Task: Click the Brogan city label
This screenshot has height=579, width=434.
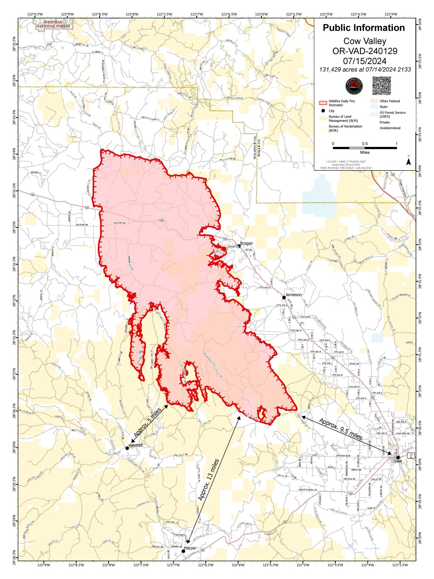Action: click(246, 243)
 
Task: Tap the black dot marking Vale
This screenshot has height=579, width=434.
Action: click(398, 457)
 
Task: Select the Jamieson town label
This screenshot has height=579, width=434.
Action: click(293, 295)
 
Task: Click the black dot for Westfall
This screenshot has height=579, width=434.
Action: click(127, 448)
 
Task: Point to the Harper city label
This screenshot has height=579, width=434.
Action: click(190, 548)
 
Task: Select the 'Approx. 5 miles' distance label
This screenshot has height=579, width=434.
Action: click(147, 423)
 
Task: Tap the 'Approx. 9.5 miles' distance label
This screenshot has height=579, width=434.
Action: click(340, 429)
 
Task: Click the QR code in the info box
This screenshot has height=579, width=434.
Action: click(381, 86)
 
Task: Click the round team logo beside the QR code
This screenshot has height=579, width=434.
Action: click(354, 86)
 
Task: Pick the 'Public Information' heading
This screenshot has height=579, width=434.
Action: click(364, 28)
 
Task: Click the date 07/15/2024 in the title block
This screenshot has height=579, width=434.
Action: click(364, 61)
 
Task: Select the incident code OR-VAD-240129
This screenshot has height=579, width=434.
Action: click(364, 51)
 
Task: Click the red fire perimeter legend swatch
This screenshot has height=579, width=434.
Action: click(323, 103)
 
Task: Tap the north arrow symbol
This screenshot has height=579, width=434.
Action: click(409, 162)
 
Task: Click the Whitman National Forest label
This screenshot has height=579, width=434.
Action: click(53, 24)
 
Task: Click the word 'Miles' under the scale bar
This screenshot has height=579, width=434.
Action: click(365, 152)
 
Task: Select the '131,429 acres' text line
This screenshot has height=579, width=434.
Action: click(365, 70)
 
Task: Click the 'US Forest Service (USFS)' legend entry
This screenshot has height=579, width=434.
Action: click(392, 115)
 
